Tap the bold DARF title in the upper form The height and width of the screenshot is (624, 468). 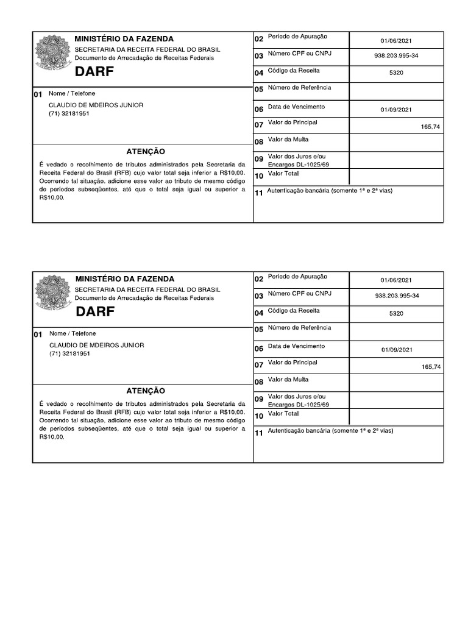(94, 73)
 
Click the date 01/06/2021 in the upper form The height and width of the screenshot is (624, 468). (396, 41)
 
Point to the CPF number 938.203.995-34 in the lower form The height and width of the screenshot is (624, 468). (396, 296)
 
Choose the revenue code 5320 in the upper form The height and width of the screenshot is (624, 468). (396, 73)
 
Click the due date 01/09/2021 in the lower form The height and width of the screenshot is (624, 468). (397, 350)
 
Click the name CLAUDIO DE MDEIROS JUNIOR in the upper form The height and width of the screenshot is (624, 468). (96, 105)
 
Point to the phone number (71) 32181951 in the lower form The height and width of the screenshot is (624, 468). (69, 354)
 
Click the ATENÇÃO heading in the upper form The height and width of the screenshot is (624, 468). (145, 151)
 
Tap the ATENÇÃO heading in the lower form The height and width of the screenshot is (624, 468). (145, 391)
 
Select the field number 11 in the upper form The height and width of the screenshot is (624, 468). (258, 193)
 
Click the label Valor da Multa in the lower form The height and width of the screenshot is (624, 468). (288, 380)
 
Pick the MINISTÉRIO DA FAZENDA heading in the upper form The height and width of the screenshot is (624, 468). (124, 39)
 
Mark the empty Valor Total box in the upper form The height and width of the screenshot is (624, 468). (396, 175)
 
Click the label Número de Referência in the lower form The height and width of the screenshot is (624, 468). (299, 328)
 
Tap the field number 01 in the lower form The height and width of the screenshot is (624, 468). (38, 335)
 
